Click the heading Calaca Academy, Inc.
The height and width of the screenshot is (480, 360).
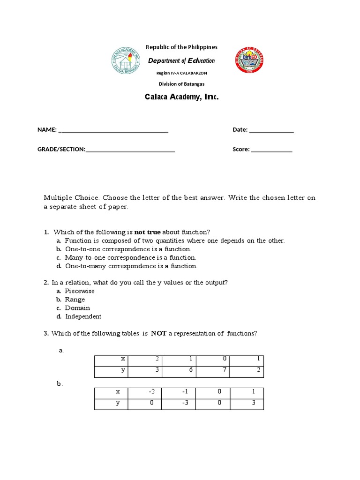tap(181, 97)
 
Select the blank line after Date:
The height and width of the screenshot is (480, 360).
tap(271, 131)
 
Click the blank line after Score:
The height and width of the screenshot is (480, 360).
tap(272, 151)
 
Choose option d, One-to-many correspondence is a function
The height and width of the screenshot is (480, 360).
tap(131, 266)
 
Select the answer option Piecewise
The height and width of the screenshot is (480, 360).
tap(80, 291)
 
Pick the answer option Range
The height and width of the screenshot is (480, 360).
tap(75, 300)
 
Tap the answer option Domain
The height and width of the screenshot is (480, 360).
tap(77, 308)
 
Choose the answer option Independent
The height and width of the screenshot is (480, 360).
tap(83, 316)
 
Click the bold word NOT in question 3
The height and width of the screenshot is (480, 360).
tap(158, 334)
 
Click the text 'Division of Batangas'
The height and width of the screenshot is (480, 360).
tap(181, 84)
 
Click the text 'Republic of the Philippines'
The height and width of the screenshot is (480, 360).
tap(181, 47)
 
